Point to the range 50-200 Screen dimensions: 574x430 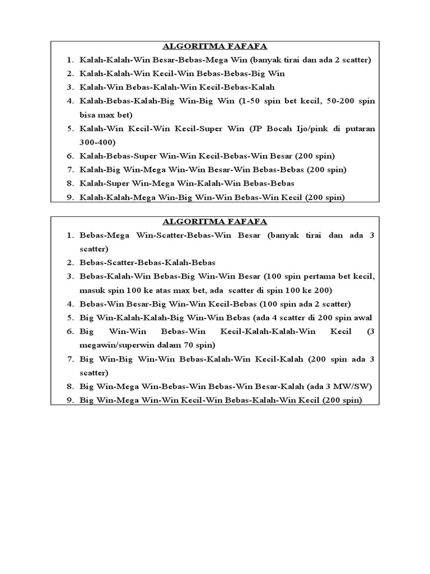point(328,101)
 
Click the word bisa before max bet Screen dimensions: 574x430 point(89,115)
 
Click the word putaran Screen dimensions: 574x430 point(360,128)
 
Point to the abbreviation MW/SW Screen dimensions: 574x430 point(352,386)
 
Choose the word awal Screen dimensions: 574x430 point(364,318)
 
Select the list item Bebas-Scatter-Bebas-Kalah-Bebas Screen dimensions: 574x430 point(148,262)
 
